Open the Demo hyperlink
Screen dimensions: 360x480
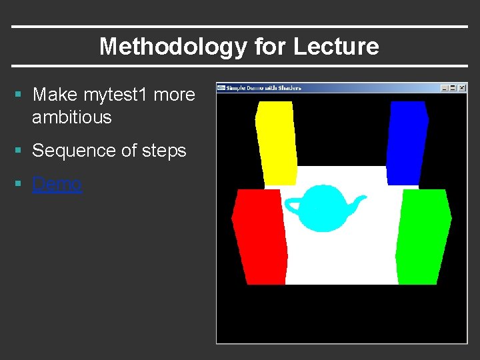tap(57, 184)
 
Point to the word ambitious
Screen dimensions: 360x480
tap(71, 117)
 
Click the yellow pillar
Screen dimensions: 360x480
tap(276, 143)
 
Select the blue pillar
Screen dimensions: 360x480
tap(406, 143)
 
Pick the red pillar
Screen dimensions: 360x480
tap(260, 236)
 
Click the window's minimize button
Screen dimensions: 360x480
tap(445, 88)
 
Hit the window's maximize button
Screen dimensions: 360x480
tap(453, 88)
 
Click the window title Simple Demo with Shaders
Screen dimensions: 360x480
tap(264, 88)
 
